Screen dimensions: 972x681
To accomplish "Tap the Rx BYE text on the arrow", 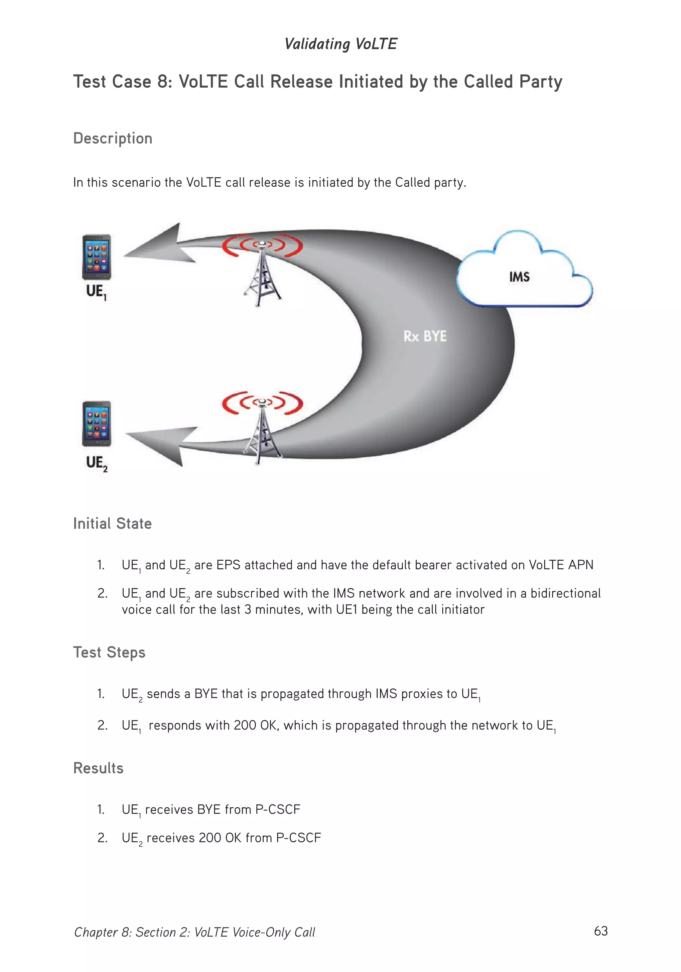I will (x=425, y=336).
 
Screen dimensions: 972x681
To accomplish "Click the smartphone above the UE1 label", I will (x=97, y=257).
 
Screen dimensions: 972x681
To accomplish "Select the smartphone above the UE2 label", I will (x=97, y=423).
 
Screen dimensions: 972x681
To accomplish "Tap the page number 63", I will (x=601, y=930).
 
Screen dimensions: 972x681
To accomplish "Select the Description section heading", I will (x=113, y=139).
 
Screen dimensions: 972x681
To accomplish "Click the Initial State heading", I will (x=112, y=524).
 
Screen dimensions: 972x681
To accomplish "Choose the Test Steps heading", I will (x=109, y=652).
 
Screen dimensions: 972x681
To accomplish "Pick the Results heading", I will (x=98, y=768).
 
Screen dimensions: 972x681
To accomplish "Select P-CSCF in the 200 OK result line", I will (x=298, y=837).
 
